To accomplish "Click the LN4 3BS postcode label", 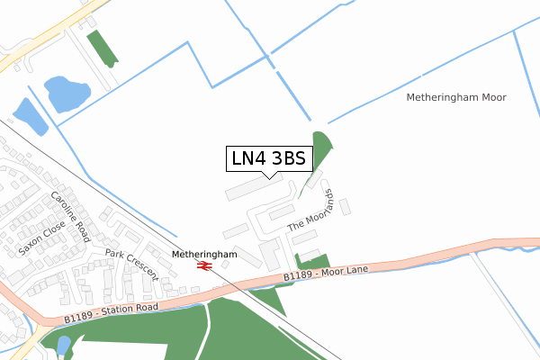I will click(269, 158).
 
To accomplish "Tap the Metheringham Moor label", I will click(455, 97).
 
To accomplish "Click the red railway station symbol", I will click(204, 266).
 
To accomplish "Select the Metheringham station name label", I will click(204, 255).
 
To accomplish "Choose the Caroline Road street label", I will click(70, 217).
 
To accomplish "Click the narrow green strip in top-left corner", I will click(103, 49).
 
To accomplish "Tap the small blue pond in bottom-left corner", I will click(62, 345).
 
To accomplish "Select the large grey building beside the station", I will click(270, 252).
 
